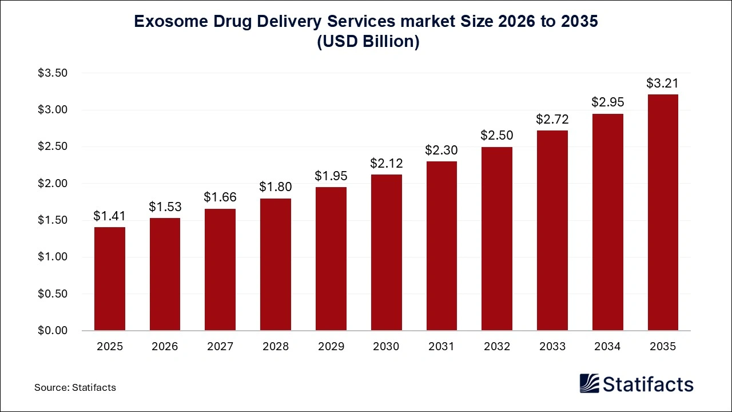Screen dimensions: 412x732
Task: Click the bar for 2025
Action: coord(110,279)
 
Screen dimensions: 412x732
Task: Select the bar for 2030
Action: coord(386,252)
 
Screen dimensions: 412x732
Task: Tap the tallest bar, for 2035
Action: coord(663,212)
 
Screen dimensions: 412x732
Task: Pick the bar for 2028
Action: coord(276,264)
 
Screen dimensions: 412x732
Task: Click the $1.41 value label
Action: coord(110,216)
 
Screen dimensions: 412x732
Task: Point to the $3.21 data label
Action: coord(663,83)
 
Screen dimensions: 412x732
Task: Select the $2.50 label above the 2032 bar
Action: coord(497,136)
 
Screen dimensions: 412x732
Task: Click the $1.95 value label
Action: coord(331,176)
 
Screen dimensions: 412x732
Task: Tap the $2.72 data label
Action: coord(552,119)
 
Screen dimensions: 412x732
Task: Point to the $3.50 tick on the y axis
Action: coord(53,73)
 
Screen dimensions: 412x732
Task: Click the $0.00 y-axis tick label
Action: coord(53,331)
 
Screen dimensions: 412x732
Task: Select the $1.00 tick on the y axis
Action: coord(53,257)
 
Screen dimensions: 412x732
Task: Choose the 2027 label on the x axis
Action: coord(220,347)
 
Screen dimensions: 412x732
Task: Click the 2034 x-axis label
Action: coord(607,347)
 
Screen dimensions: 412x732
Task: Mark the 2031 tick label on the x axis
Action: coord(441,347)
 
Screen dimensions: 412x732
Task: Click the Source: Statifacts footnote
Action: coord(75,387)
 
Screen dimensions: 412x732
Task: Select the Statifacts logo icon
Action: coord(590,383)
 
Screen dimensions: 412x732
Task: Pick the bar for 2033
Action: coord(552,231)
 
